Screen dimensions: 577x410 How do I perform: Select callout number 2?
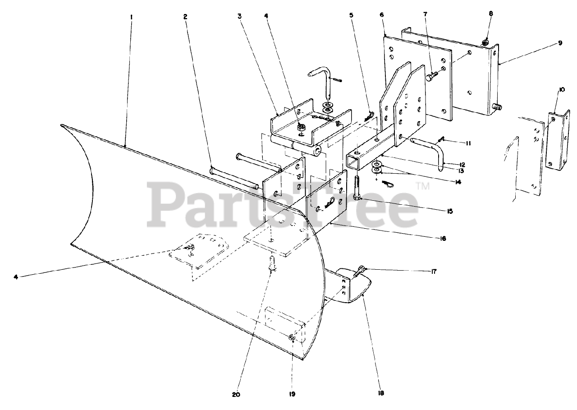coord(185,17)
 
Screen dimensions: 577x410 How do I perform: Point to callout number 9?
coord(560,43)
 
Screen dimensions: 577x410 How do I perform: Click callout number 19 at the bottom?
coord(292,394)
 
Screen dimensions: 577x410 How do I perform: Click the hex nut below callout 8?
coord(485,43)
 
